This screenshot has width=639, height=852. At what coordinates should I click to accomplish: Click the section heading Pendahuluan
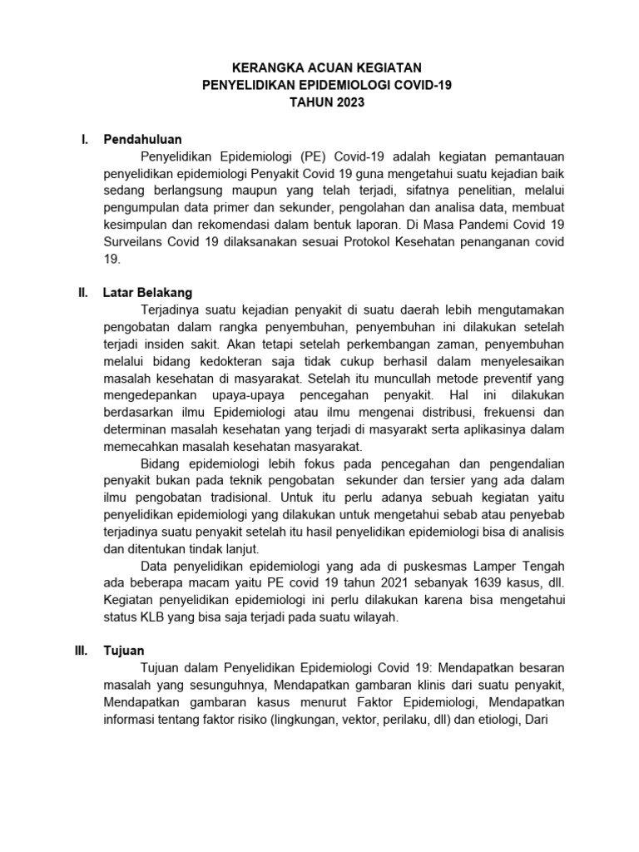click(142, 138)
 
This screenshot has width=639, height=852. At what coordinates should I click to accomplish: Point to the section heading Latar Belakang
click(147, 293)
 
